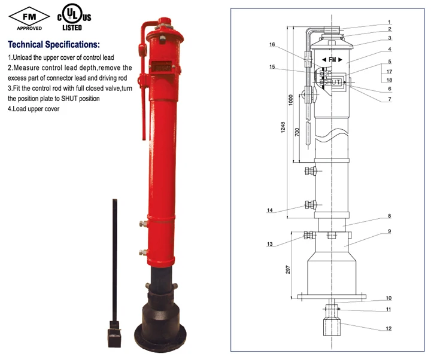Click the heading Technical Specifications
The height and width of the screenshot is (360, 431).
click(x=54, y=45)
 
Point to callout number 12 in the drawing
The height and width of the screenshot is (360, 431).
click(x=388, y=328)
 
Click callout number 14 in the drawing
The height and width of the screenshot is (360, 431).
click(x=271, y=210)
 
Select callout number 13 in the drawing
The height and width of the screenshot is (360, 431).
click(x=271, y=244)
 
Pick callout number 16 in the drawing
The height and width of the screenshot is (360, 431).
click(x=272, y=45)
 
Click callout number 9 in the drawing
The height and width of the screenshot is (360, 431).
click(x=388, y=231)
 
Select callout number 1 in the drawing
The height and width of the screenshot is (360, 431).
click(x=388, y=22)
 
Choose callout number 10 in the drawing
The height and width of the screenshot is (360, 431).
click(x=388, y=297)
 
